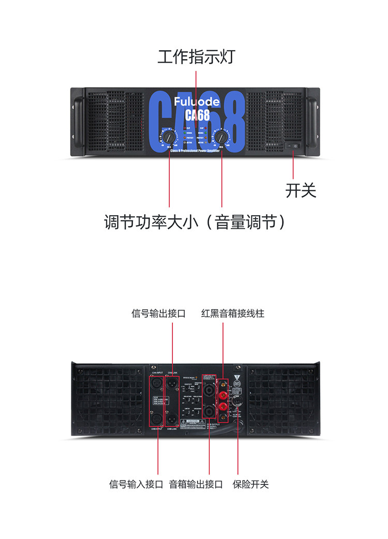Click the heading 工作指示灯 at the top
[196, 56]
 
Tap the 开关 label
[301, 190]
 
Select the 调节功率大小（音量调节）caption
[195, 222]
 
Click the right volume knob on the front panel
[221, 137]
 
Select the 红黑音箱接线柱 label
[233, 313]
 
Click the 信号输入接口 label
[136, 484]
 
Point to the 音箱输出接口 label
[196, 484]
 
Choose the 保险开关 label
[251, 484]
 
